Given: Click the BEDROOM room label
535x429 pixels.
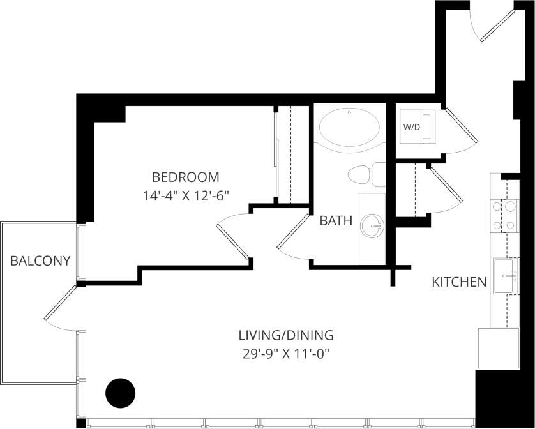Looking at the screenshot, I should [185, 177].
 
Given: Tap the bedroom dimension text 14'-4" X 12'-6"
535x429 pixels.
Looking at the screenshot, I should [186, 196].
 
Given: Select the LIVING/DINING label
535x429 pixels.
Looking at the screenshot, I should [286, 335].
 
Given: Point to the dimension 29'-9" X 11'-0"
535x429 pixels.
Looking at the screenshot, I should [286, 353].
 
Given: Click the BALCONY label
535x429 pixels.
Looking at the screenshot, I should [40, 260].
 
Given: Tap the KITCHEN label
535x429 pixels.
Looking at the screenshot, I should [459, 282].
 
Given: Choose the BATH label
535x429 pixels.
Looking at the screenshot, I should [336, 221].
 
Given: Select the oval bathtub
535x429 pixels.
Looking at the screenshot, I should [349, 128].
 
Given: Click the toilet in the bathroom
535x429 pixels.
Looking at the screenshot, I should [366, 174].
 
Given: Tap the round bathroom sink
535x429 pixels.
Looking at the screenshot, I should [372, 225].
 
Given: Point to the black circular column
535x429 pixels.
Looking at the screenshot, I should [120, 393].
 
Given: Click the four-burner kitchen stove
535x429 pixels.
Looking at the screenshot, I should [504, 215].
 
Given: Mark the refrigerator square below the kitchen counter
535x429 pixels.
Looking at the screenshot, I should [498, 348].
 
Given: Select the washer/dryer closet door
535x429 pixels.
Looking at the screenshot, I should [461, 124].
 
